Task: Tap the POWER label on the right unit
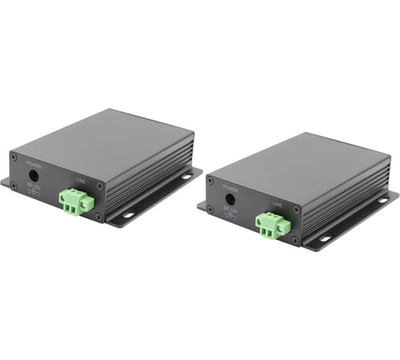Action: pyautogui.click(x=229, y=189)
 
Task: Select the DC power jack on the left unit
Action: pyautogui.click(x=33, y=174)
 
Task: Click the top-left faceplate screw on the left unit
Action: pyautogui.click(x=13, y=156)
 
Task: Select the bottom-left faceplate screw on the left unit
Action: pyautogui.click(x=14, y=186)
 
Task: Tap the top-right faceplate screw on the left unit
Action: pyautogui.click(x=99, y=186)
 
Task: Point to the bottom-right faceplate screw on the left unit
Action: pyautogui.click(x=99, y=216)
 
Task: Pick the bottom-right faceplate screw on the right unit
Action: pyautogui.click(x=294, y=240)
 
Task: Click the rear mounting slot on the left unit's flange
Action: pyautogui.click(x=186, y=176)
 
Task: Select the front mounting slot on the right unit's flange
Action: pyautogui.click(x=324, y=239)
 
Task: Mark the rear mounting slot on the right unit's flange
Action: pyautogui.click(x=384, y=201)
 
